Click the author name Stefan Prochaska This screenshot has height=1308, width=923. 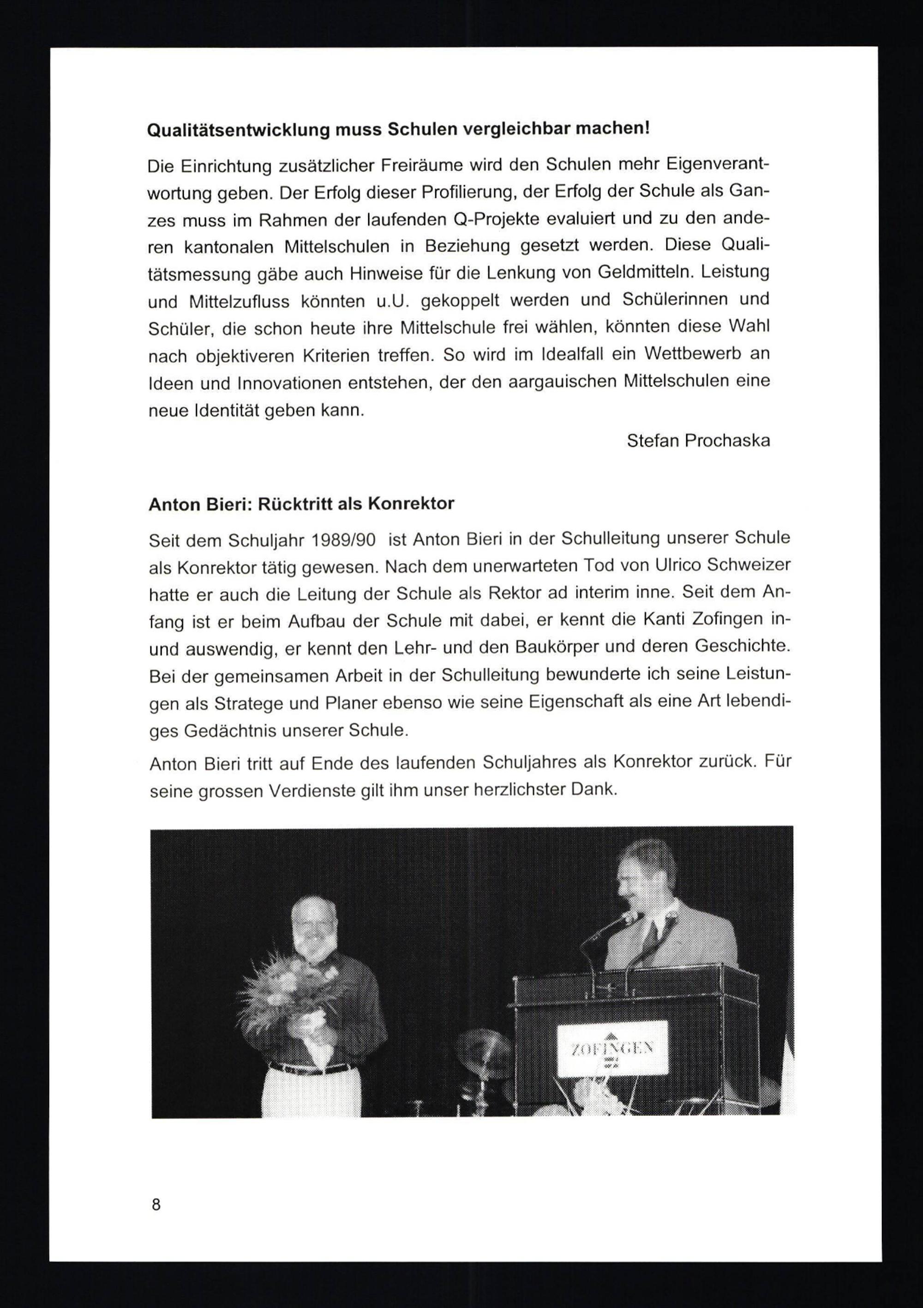[698, 440]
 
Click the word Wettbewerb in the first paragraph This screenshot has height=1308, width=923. [693, 353]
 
